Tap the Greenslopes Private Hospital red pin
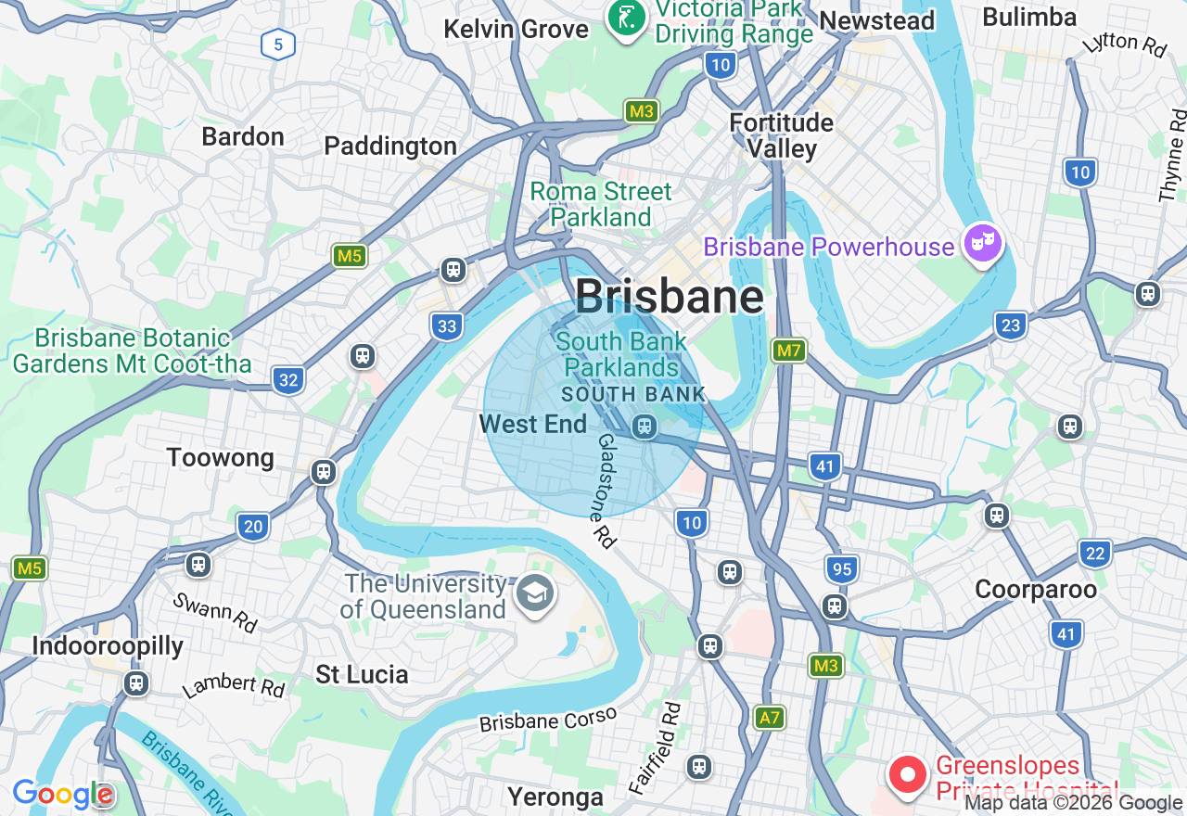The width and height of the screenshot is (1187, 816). [x=907, y=774]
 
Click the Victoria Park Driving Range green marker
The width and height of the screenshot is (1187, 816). [x=627, y=17]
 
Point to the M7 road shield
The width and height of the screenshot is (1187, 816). [x=788, y=351]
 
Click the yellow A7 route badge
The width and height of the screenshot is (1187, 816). [x=770, y=717]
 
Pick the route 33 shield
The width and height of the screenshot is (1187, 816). [x=447, y=325]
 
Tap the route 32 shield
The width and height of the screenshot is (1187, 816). [x=288, y=379]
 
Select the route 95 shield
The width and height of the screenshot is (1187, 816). [x=841, y=568]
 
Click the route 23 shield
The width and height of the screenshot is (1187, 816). [x=1011, y=325]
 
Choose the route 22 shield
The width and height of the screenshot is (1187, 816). [x=1095, y=554]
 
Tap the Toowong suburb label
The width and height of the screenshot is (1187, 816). [x=221, y=458]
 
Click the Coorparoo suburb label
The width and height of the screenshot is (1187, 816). [x=1035, y=590]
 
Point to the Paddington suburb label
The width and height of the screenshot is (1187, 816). [x=390, y=147]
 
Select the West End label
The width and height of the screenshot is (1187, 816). [x=533, y=425]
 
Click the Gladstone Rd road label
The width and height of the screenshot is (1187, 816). [x=606, y=491]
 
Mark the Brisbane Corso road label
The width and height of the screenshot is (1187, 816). [x=547, y=720]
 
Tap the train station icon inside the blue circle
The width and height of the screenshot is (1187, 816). [x=645, y=427]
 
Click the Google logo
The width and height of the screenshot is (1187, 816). [x=62, y=794]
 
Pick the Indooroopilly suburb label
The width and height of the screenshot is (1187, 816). [x=108, y=646]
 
